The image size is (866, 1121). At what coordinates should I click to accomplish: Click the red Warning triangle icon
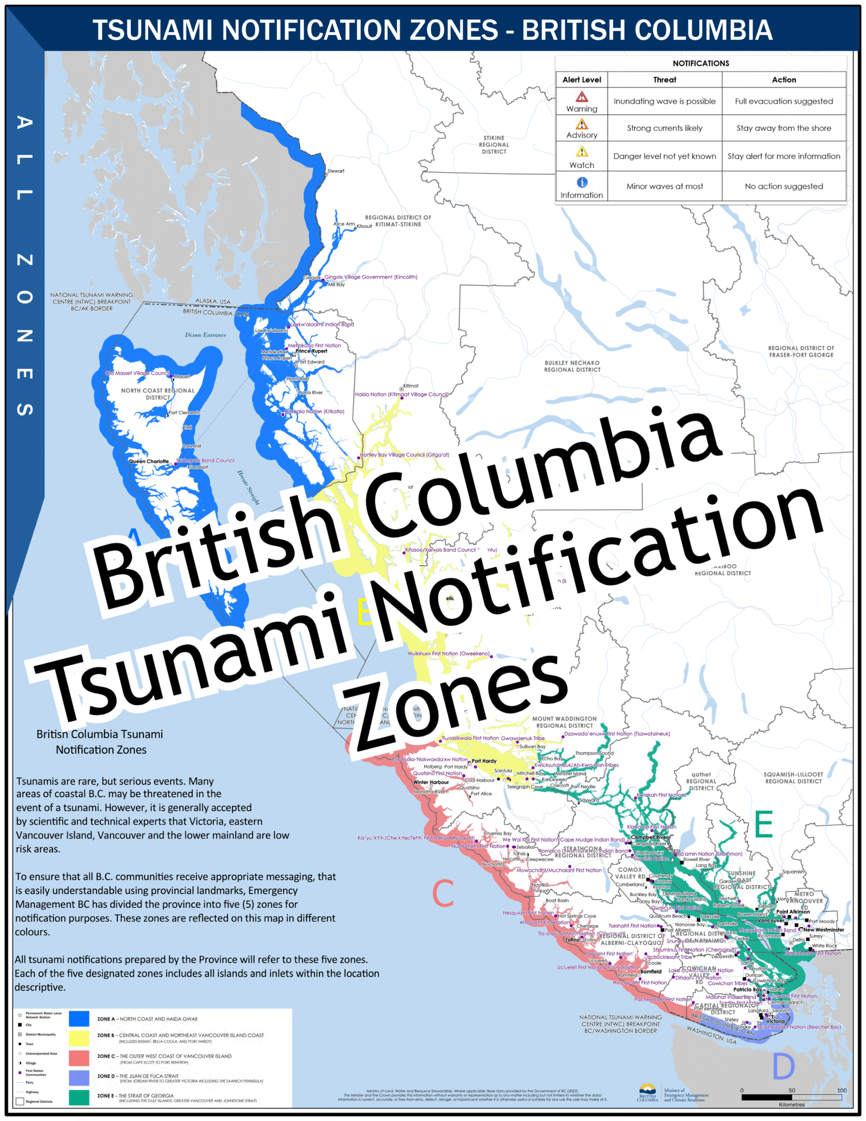pyautogui.click(x=582, y=97)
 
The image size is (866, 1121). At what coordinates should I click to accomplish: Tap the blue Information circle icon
pyautogui.click(x=582, y=182)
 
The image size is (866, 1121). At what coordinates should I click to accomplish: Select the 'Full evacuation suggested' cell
pyautogui.click(x=784, y=101)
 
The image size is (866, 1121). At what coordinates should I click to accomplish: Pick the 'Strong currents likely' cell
pyautogui.click(x=665, y=128)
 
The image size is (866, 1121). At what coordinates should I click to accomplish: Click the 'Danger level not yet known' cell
pyautogui.click(x=665, y=156)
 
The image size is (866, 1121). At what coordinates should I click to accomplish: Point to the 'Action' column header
pyautogui.click(x=784, y=80)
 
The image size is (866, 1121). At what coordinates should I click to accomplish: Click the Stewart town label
pyautogui.click(x=336, y=171)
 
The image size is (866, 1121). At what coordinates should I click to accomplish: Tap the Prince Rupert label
pyautogui.click(x=311, y=351)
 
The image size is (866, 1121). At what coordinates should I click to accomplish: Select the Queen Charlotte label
pyautogui.click(x=149, y=462)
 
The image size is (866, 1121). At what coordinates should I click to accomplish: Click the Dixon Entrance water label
pyautogui.click(x=206, y=335)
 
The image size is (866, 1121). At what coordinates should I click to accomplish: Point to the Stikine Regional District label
pyautogui.click(x=494, y=145)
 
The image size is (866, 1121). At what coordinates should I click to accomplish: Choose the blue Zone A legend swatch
pyautogui.click(x=79, y=1019)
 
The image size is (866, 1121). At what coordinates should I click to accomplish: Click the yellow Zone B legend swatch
pyautogui.click(x=79, y=1038)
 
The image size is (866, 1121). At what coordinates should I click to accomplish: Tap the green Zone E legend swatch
pyautogui.click(x=79, y=1097)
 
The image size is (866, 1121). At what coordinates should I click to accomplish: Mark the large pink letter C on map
pyautogui.click(x=443, y=894)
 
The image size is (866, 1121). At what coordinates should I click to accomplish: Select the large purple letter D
pyautogui.click(x=783, y=1066)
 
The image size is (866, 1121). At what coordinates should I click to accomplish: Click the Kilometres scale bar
pyautogui.click(x=791, y=1098)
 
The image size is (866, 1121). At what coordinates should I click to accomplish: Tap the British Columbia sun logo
pyautogui.click(x=647, y=1089)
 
